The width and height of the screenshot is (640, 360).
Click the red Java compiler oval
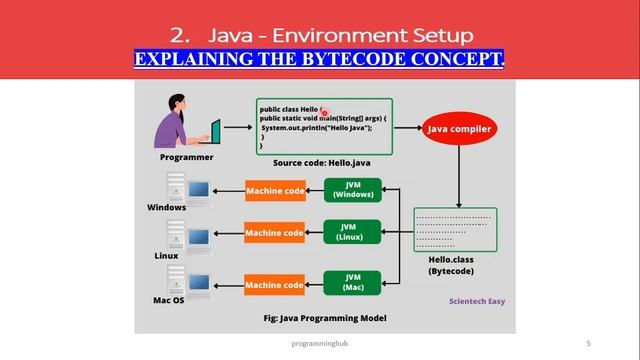(458, 129)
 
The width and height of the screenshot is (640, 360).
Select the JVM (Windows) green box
(353, 190)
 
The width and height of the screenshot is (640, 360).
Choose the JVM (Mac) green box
(353, 283)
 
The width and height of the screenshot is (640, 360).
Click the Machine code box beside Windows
(274, 190)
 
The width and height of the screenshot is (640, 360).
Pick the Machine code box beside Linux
(274, 234)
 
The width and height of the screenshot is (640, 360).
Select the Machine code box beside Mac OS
(274, 285)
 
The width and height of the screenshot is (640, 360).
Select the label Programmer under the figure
(186, 157)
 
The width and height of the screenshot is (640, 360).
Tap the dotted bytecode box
(454, 229)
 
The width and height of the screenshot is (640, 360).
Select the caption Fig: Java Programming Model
(324, 318)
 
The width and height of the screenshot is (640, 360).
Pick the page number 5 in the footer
(588, 343)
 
